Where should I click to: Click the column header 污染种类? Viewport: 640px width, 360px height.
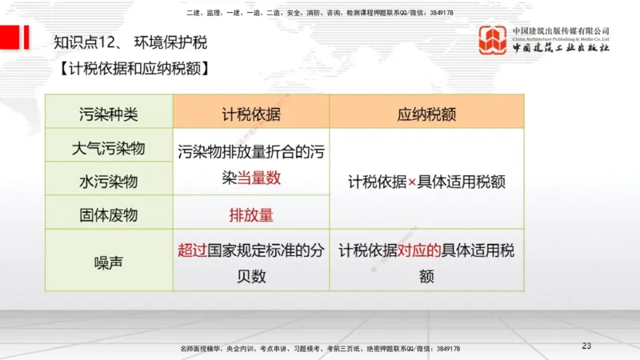(109, 114)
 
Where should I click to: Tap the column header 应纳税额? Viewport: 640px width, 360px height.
(426, 114)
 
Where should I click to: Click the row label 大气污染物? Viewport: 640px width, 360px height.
(109, 148)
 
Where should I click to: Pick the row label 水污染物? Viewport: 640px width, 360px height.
(109, 182)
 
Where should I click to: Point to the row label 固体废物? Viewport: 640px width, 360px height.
(109, 214)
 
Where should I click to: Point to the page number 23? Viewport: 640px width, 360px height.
(586, 346)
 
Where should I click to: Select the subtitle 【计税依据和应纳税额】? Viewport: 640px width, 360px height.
(134, 69)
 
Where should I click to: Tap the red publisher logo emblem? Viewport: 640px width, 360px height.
(493, 40)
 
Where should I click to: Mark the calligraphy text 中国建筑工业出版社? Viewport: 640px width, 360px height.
(562, 48)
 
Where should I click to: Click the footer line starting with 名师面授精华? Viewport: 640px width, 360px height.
(320, 350)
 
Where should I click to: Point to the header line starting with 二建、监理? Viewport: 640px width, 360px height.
(320, 13)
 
